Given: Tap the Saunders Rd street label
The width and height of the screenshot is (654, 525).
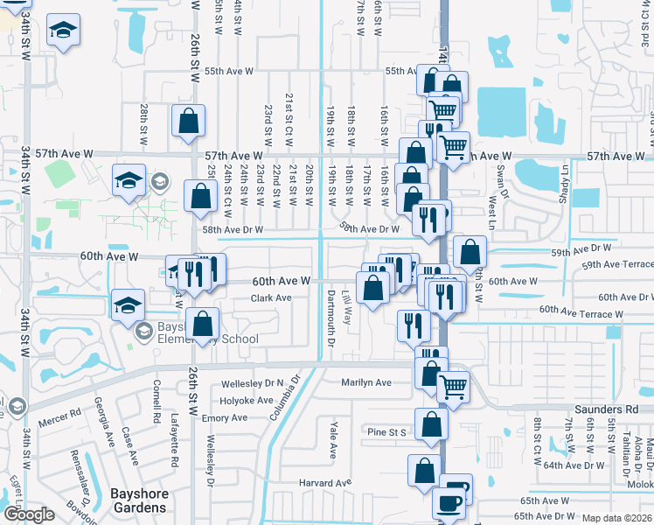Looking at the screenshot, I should point(606,409).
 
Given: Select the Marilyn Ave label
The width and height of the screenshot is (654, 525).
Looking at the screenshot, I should point(367,382).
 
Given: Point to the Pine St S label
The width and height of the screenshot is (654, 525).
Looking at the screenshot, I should point(387,431).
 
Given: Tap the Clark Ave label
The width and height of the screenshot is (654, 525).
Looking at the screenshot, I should point(271,297).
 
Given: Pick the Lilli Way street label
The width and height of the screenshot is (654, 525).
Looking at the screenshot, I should point(347,308).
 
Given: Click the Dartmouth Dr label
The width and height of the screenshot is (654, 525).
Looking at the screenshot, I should point(330,319).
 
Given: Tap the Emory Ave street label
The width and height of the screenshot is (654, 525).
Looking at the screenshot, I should point(225,418).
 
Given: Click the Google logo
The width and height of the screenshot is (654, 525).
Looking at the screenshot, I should point(30,514).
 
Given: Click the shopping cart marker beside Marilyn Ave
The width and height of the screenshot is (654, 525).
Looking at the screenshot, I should point(453,385).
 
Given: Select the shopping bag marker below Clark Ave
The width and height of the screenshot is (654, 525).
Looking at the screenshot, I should point(202,324).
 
